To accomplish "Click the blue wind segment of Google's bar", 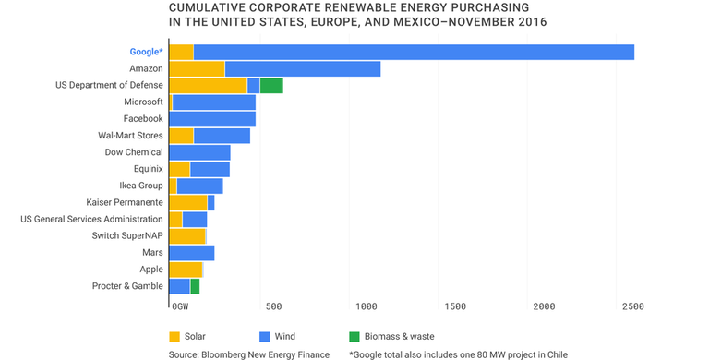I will (x=414, y=52).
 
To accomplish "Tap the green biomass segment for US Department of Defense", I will (x=271, y=86).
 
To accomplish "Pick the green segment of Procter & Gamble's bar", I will (x=195, y=286).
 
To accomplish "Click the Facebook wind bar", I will (x=212, y=119).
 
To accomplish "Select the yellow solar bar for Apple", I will (x=186, y=270).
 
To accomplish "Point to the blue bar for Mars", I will (x=192, y=253).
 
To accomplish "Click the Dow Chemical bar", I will (x=199, y=152).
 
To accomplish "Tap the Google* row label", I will (x=146, y=52).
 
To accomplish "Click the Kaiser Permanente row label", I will (x=125, y=202).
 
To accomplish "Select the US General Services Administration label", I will (x=91, y=220).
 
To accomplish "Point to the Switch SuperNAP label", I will (x=127, y=236).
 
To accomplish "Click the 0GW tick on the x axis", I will (x=180, y=306).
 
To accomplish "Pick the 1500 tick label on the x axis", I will (x=454, y=306).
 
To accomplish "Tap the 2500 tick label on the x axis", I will (x=632, y=306).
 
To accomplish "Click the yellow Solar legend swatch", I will (x=174, y=336).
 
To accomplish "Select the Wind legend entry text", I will (x=285, y=337).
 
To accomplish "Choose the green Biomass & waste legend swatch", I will (x=354, y=336).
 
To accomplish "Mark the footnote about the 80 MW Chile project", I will (x=458, y=354).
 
